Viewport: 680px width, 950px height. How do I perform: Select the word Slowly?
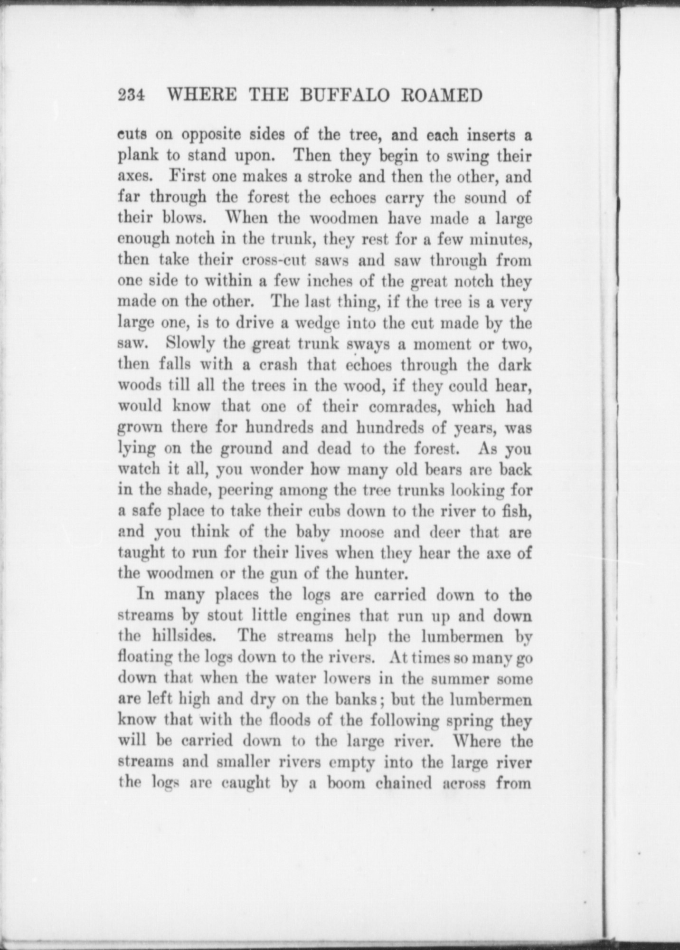(192, 344)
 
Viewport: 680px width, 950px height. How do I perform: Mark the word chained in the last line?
(404, 783)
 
